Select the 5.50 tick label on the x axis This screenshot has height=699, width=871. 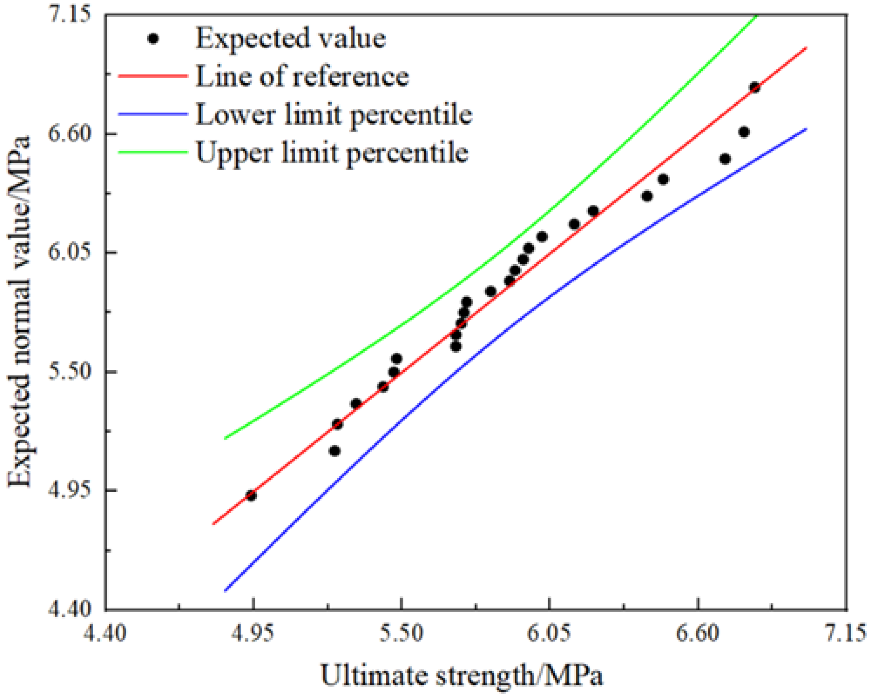coord(401,633)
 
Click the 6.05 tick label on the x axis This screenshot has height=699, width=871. coord(549,633)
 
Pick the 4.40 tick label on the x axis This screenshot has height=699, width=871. coord(105,633)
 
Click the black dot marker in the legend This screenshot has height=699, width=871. coord(153,39)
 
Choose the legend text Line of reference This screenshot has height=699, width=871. coord(302,76)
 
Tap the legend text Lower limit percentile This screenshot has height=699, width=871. coord(334,115)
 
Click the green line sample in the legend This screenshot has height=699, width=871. coord(153,152)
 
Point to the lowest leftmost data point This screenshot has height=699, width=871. coord(251,496)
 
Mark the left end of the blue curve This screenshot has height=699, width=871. coord(225,591)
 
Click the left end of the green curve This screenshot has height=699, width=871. coord(225,438)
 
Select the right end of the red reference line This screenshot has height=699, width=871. coord(806,48)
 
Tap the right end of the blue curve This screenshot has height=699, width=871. coord(806,129)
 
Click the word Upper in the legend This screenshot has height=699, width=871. coord(233,153)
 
